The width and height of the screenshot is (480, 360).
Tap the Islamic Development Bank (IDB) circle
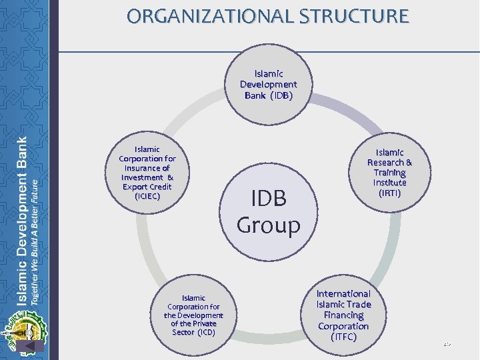(x=269, y=85)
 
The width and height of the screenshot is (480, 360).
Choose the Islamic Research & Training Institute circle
(x=389, y=173)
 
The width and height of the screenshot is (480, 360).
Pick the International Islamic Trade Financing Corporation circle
(x=343, y=315)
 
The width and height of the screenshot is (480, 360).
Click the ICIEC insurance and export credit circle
(x=147, y=173)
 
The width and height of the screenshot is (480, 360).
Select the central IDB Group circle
(x=269, y=212)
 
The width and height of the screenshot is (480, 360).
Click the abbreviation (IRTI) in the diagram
(x=390, y=193)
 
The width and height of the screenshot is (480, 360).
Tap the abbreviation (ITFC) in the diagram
(x=343, y=337)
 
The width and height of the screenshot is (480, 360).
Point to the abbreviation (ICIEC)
(x=147, y=197)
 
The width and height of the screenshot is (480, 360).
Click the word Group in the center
(x=269, y=225)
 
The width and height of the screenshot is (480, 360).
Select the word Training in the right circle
(x=390, y=173)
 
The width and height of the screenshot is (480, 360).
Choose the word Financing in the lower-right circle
(x=343, y=315)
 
